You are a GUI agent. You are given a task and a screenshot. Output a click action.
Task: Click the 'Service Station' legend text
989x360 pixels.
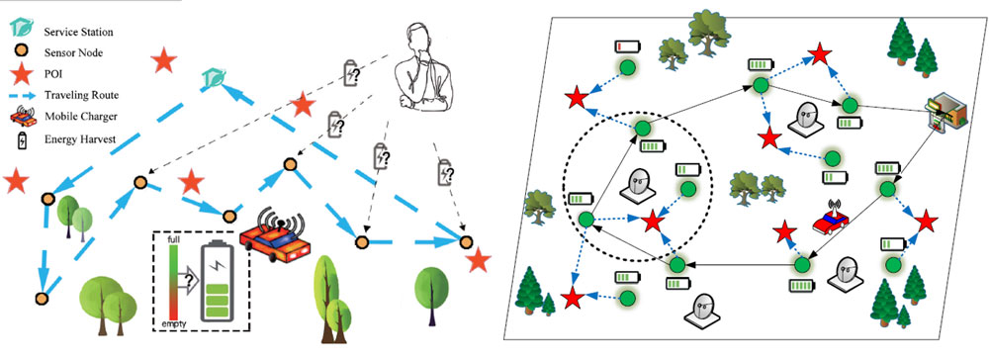pyautogui.click(x=78, y=31)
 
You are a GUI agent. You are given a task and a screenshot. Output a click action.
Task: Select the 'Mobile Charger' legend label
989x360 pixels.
pyautogui.click(x=77, y=117)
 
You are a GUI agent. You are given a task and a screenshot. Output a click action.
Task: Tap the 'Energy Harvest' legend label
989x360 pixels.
pyautogui.click(x=79, y=138)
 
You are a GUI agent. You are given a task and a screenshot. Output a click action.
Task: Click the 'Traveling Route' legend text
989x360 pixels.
pyautogui.click(x=81, y=96)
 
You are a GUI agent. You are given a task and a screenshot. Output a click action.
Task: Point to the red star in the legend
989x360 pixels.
pyautogui.click(x=22, y=74)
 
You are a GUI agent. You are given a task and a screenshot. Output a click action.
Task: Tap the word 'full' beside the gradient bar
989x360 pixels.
pyautogui.click(x=175, y=241)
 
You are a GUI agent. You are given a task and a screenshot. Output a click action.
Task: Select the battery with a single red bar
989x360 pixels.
pyautogui.click(x=628, y=46)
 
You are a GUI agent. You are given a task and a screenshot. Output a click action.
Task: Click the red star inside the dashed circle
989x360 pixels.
pyautogui.click(x=653, y=222)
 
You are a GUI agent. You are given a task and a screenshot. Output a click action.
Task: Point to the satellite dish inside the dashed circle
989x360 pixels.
pyautogui.click(x=637, y=185)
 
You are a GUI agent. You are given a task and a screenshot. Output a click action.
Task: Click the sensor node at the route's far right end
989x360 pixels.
pyautogui.click(x=466, y=241)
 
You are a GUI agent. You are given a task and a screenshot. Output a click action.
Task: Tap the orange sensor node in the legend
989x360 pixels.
pyautogui.click(x=22, y=52)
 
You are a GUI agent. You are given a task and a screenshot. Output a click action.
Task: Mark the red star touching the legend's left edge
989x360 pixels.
pyautogui.click(x=16, y=181)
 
